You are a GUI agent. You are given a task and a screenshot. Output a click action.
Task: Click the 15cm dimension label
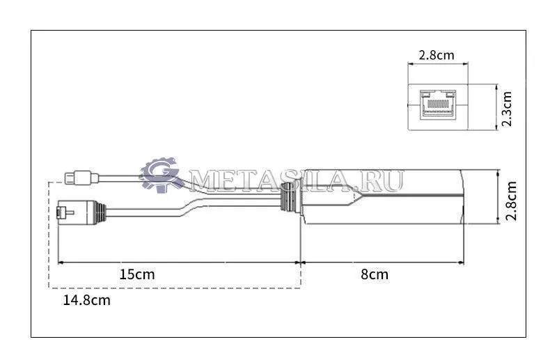click(x=136, y=274)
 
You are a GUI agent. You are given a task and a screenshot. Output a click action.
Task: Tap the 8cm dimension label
click(x=375, y=274)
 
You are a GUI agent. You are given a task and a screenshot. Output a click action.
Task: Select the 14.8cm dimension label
click(x=86, y=300)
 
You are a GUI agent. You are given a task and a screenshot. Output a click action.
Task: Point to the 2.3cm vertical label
click(x=507, y=109)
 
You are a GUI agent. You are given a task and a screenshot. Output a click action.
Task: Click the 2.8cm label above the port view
click(x=437, y=55)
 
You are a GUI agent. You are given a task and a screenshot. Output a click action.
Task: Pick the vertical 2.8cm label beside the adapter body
click(x=511, y=201)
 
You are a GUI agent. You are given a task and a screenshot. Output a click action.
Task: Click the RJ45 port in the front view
click(x=438, y=104)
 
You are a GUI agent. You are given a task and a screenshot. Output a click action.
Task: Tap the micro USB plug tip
click(x=70, y=178)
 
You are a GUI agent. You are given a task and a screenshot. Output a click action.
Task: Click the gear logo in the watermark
click(x=159, y=175)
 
